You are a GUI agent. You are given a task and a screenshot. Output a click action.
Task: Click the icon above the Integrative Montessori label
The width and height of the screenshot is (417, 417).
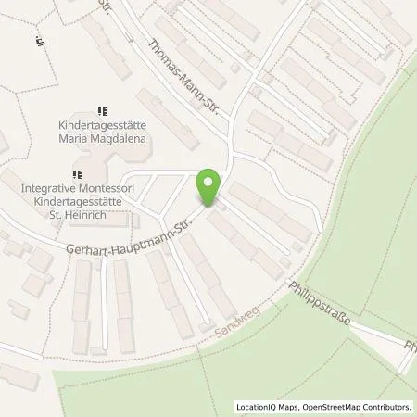click(x=78, y=172)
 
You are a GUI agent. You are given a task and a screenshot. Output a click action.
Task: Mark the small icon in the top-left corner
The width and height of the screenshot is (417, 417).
click(x=40, y=41)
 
